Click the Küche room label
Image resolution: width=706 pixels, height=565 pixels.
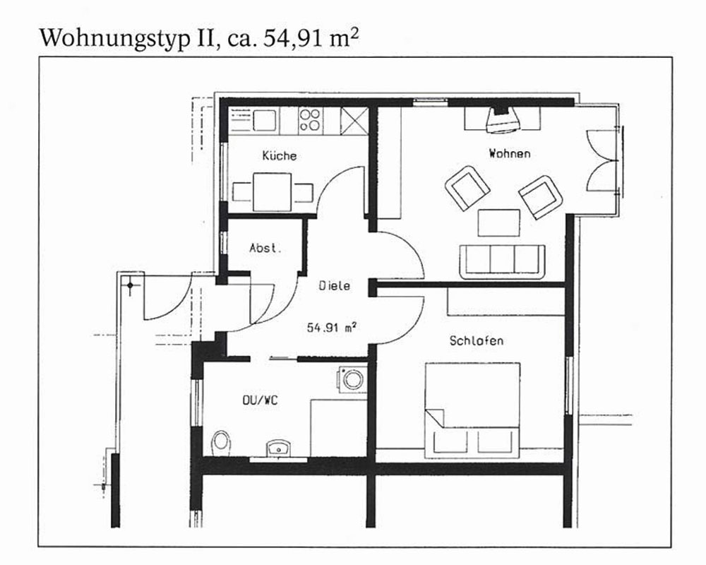279,155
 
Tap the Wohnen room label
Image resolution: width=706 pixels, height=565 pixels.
510,153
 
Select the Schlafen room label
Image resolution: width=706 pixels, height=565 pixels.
477,340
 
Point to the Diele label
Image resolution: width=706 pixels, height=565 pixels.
334,285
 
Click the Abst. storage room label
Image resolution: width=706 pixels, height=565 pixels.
265,248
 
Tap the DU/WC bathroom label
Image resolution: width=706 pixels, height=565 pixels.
261,400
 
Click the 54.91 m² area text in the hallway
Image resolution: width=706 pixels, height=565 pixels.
332,327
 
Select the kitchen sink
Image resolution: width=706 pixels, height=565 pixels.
264,120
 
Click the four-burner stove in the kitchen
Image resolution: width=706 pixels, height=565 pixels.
310,120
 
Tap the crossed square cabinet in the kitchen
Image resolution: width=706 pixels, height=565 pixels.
354,121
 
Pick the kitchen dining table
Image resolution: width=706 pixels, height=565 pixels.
273,192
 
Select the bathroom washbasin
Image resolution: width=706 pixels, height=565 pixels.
277,448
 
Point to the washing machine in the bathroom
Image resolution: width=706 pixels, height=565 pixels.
352,379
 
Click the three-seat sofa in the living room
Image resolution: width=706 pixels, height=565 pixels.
502,262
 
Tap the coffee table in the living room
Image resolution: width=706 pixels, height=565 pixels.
499,222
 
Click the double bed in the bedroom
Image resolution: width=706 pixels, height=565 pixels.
473,410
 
